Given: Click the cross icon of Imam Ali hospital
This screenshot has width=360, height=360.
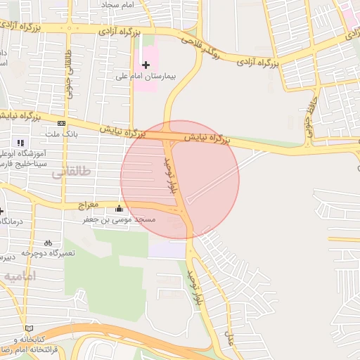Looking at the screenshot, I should tap(146, 65).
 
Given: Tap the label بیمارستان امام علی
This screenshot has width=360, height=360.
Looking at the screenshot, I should tap(144, 76).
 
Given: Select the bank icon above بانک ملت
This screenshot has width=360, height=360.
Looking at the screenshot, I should tap(61, 123).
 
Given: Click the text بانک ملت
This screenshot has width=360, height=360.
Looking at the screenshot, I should tap(63, 133).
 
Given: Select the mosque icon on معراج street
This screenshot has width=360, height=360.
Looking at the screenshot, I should tap(119, 208).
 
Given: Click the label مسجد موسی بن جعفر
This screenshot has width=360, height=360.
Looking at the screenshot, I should tap(120, 219).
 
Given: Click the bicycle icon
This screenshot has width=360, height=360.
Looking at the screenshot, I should tap(47, 243).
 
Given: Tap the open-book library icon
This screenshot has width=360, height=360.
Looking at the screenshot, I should tap(29, 328).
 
